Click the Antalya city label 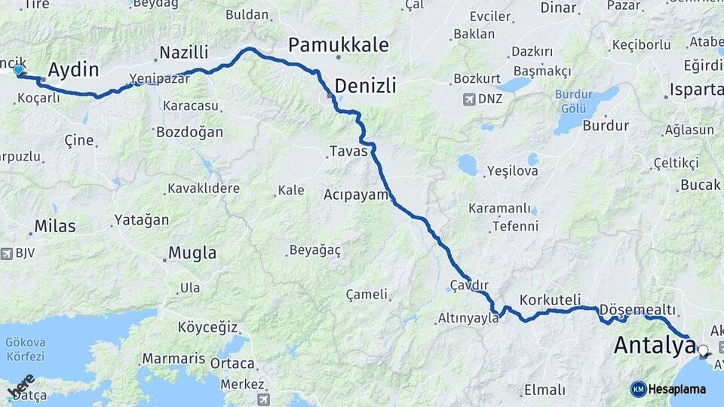(x=655, y=345)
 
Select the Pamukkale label (x=339, y=45)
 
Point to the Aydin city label (x=73, y=70)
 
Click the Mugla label (x=192, y=253)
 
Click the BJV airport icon (x=8, y=253)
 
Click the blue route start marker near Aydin (x=18, y=70)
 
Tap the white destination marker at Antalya (x=704, y=350)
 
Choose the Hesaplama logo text (x=676, y=389)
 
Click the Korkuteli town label (x=550, y=299)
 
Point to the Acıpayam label (x=356, y=194)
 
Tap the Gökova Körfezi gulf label (x=26, y=349)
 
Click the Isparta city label (x=695, y=90)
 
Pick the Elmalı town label (x=544, y=390)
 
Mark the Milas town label (x=55, y=226)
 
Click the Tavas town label (x=348, y=151)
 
